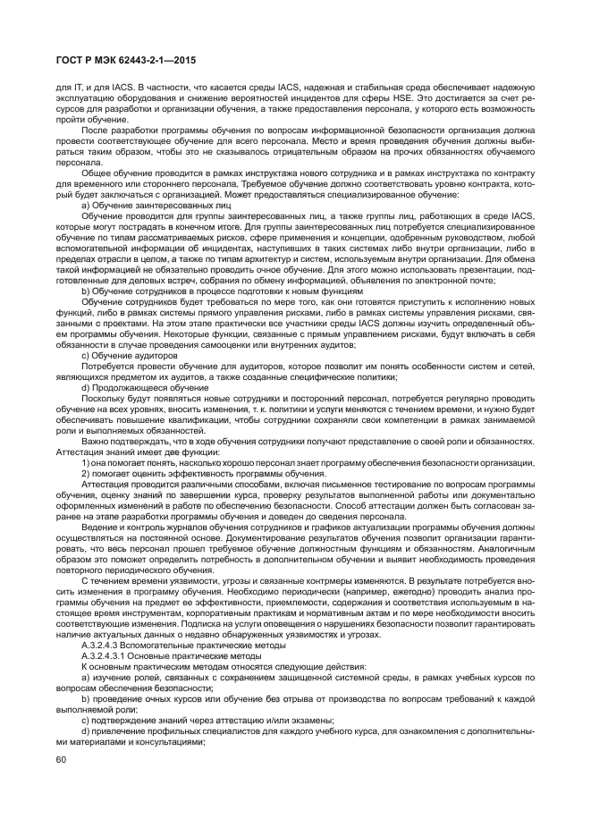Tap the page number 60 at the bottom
pos(62,760)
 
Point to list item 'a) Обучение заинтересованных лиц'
pos(144,205)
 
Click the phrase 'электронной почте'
pos(490,280)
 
